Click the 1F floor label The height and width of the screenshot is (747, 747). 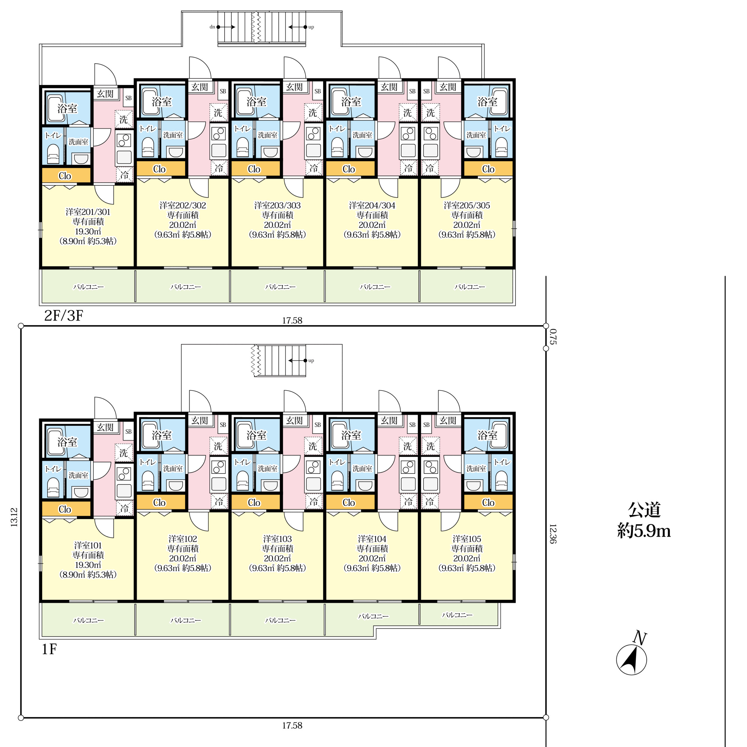[49, 649]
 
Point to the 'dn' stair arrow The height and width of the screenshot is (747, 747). [226, 27]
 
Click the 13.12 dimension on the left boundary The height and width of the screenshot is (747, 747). [14, 517]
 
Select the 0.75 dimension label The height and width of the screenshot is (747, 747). [553, 336]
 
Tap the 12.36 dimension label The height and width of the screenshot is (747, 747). [553, 534]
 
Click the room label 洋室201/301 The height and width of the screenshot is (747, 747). [88, 212]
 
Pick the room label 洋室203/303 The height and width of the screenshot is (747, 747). [277, 205]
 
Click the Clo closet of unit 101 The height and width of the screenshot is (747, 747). [65, 509]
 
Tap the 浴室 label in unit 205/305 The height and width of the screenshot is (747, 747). [487, 102]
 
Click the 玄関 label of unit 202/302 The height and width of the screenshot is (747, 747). [200, 87]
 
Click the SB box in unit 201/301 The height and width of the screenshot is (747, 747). [128, 98]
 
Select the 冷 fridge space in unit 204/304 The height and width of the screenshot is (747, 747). [408, 168]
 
